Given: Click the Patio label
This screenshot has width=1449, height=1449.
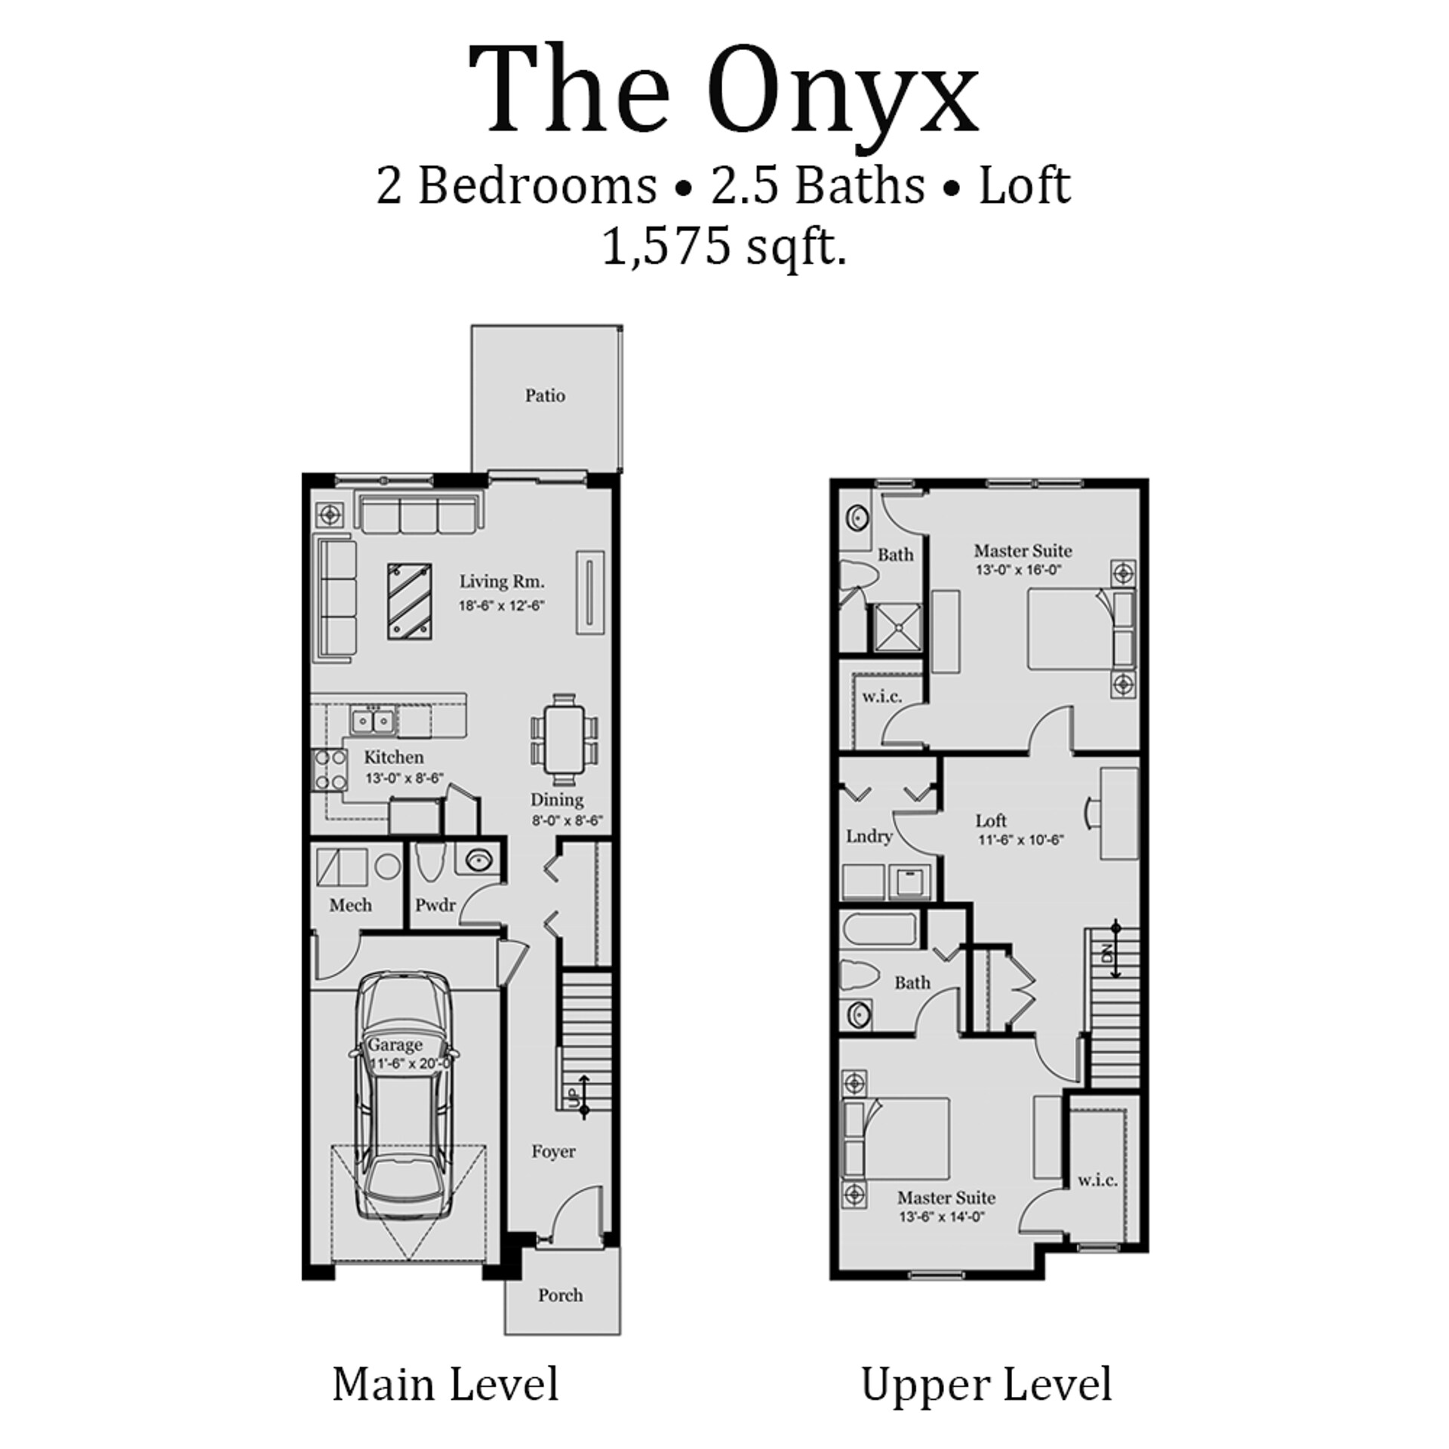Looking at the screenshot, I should click(545, 395).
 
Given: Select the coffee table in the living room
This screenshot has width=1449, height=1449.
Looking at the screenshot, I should click(410, 601).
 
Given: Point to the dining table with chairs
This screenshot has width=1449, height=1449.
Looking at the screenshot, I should click(565, 742).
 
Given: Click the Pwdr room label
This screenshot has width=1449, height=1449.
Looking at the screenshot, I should click(435, 904).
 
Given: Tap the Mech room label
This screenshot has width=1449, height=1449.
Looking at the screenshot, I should click(350, 904).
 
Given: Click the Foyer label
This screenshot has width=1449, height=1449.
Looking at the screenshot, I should click(553, 1152).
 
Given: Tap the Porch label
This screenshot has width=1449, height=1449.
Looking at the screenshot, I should click(560, 1295).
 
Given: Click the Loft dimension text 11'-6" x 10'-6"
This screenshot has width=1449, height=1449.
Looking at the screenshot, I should click(1021, 839).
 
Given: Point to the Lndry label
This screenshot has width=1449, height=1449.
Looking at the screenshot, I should click(869, 836).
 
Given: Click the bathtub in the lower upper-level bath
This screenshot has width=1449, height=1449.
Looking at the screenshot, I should click(880, 929).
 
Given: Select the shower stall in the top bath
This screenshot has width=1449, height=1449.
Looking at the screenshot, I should click(897, 627).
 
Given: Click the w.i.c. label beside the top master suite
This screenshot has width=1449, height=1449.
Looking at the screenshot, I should click(881, 697).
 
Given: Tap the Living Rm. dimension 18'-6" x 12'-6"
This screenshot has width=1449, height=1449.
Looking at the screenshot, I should click(501, 605).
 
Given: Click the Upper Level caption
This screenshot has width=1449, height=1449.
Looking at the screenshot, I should click(986, 1385).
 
